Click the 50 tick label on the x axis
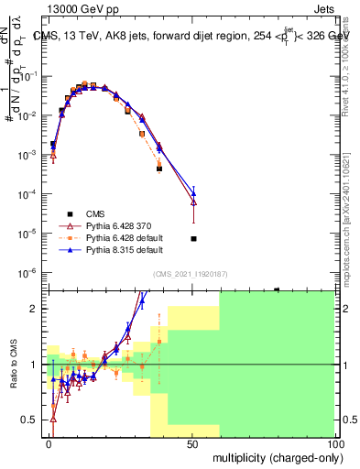(192, 442)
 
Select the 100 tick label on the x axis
(334, 442)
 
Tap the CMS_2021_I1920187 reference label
(190, 275)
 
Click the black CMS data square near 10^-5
(193, 238)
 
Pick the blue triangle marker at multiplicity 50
(193, 192)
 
